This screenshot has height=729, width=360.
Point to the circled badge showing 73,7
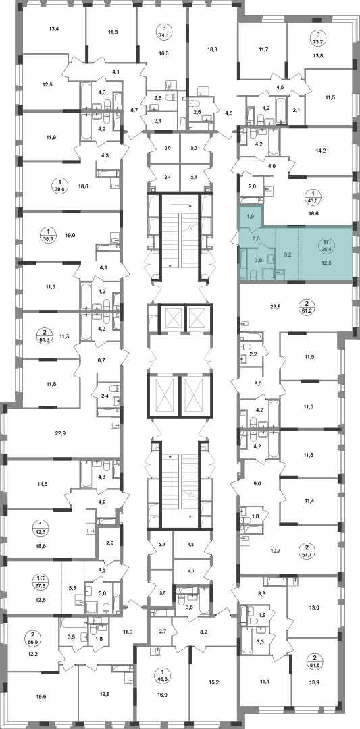coord(317,36)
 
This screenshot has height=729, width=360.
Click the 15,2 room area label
coord(214,682)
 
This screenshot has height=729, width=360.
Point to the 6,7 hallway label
coord(134,110)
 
